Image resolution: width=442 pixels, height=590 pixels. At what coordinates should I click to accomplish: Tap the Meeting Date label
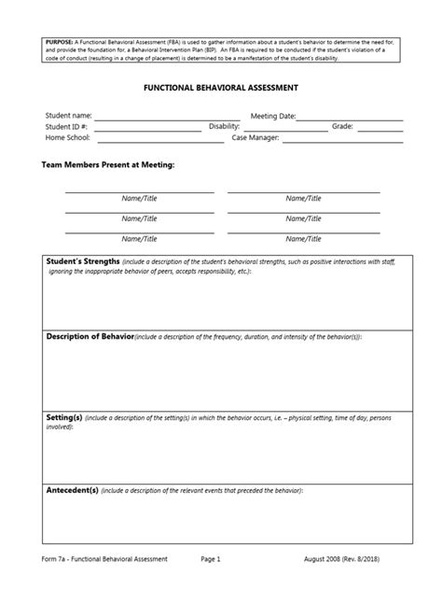pyautogui.click(x=273, y=116)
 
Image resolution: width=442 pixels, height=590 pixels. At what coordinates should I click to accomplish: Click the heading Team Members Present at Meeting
pyautogui.click(x=108, y=163)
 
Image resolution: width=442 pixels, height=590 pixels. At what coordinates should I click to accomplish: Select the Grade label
pyautogui.click(x=342, y=126)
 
